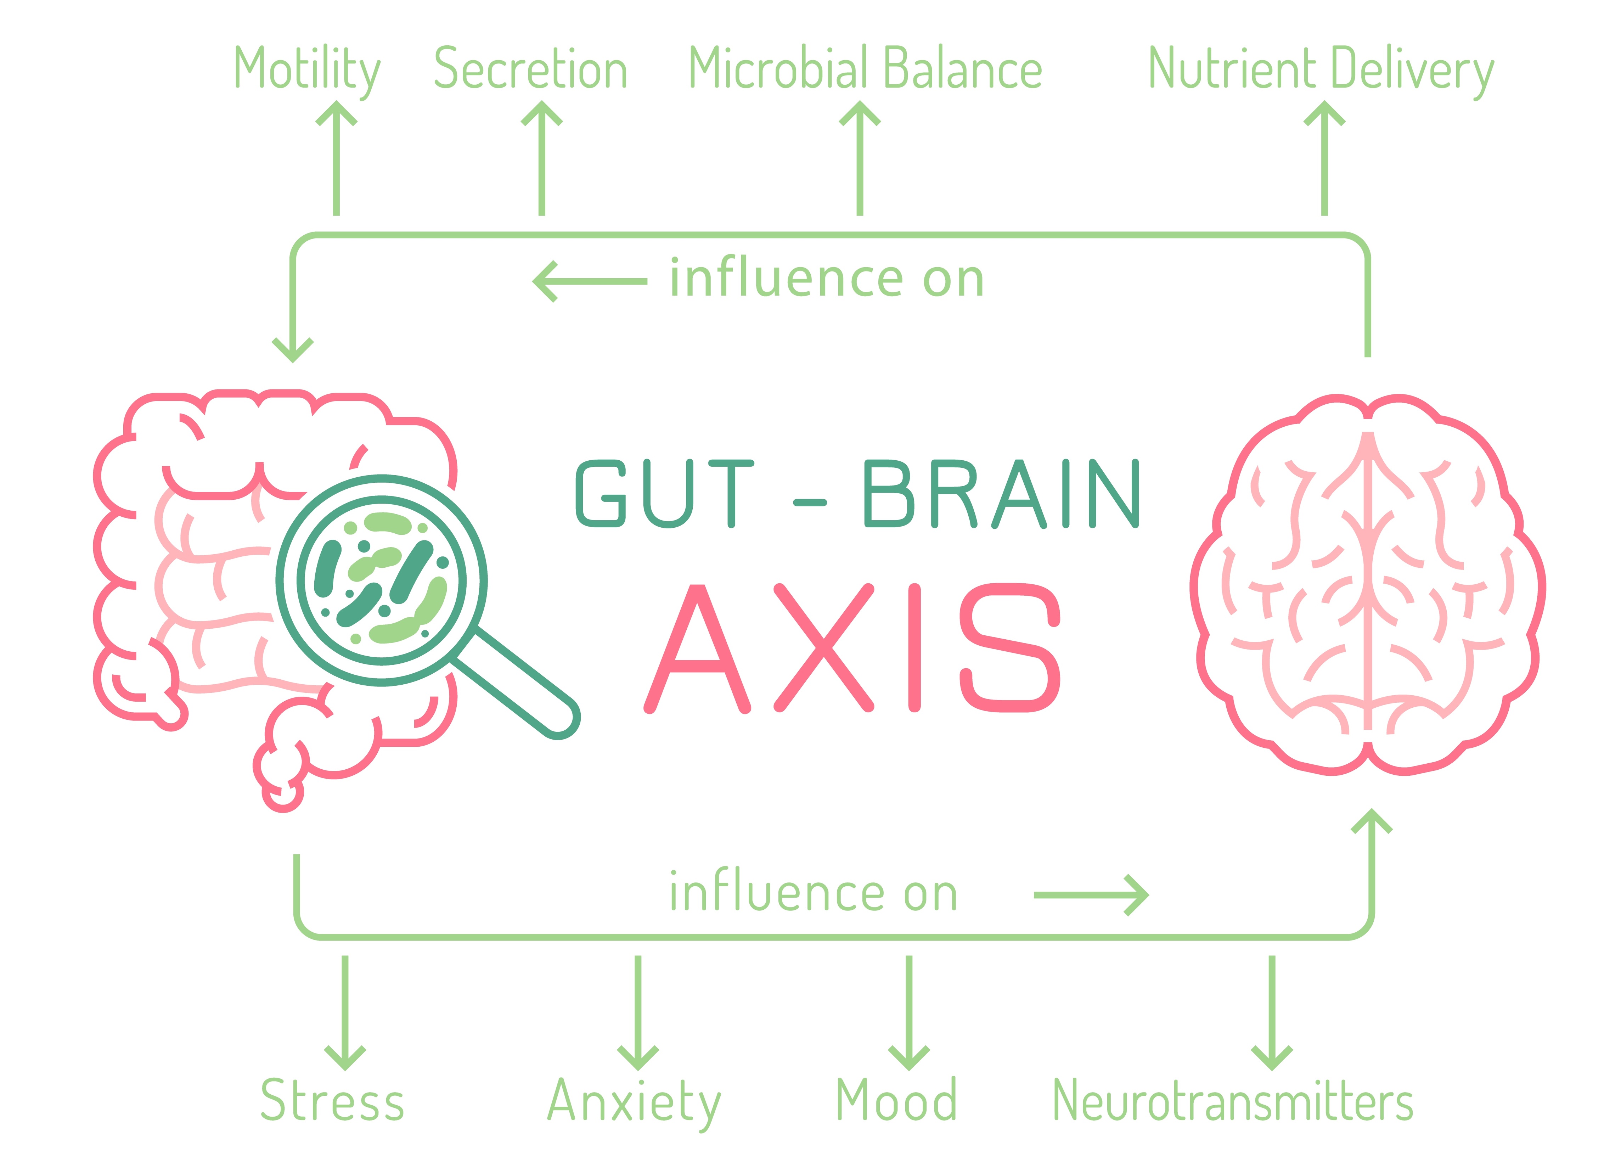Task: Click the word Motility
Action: point(307,69)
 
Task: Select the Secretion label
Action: point(530,69)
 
